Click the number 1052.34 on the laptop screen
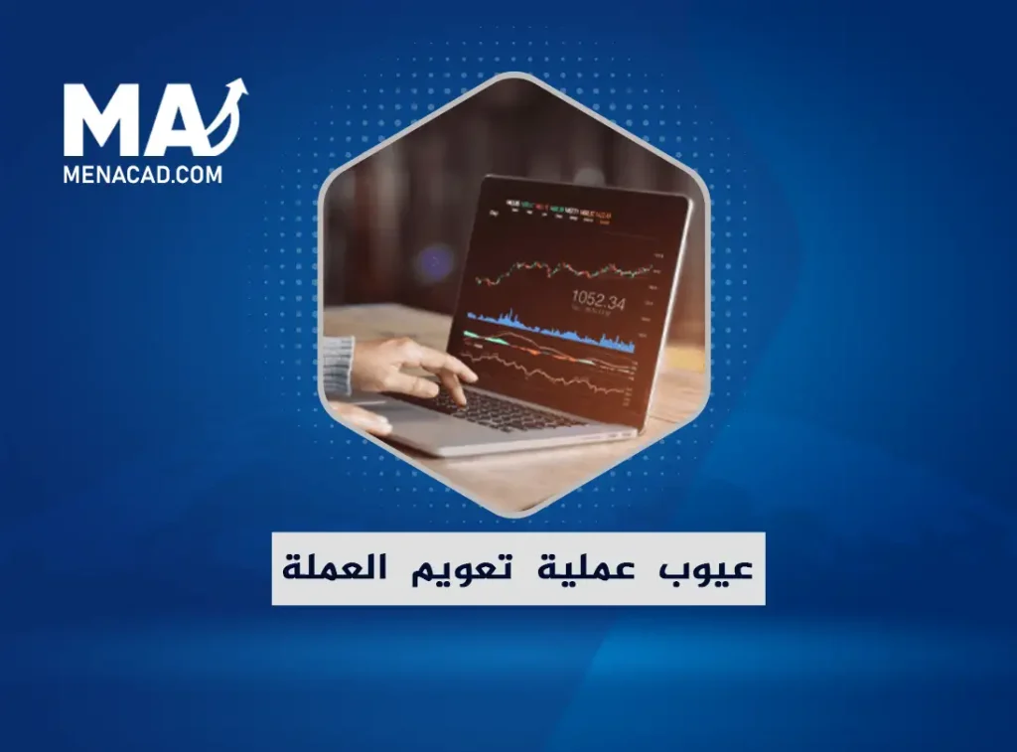[598, 301]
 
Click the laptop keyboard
[497, 407]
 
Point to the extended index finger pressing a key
[459, 375]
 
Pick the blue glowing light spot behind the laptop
[434, 263]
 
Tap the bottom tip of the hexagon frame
[513, 514]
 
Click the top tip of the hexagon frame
[513, 75]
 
